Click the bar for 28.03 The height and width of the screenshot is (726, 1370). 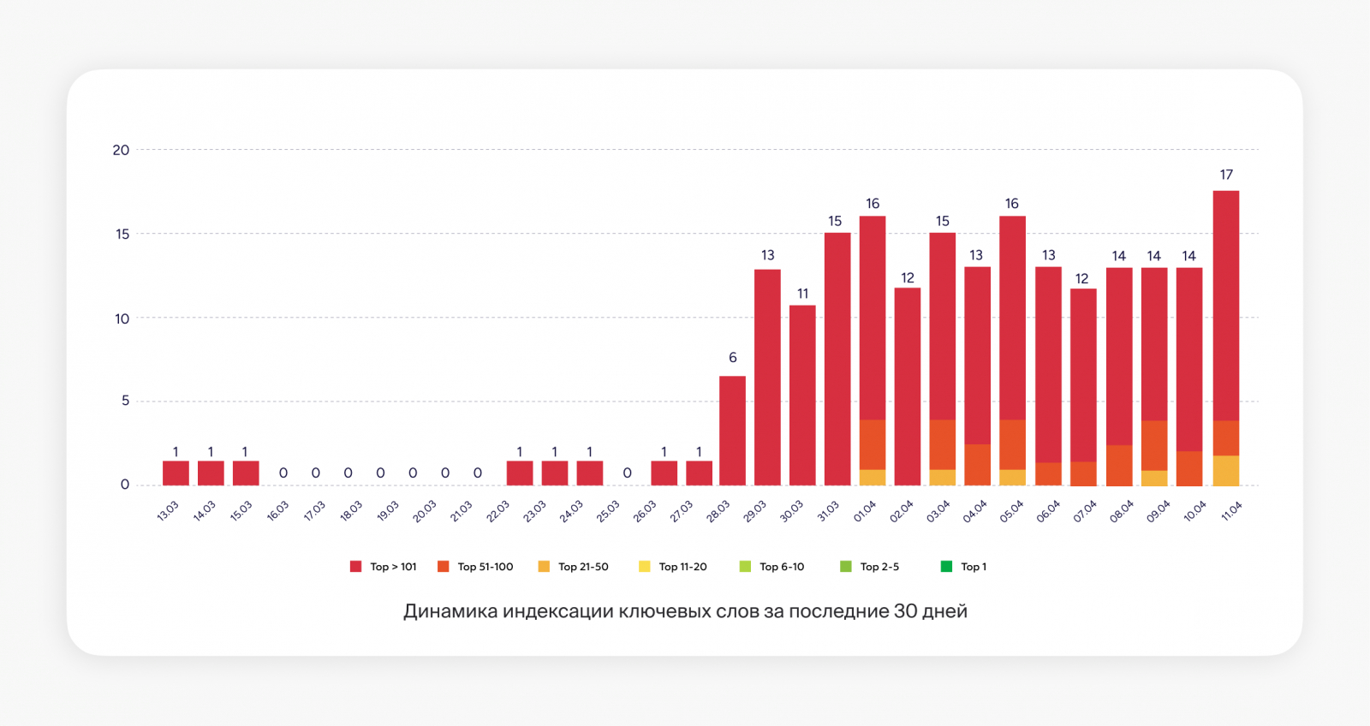(x=732, y=431)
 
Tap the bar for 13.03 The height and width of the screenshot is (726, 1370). (x=176, y=473)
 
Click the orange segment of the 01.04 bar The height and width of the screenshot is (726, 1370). (x=873, y=444)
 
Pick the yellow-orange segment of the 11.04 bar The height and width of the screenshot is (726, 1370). (x=1226, y=471)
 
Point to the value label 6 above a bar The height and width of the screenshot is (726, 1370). (x=733, y=358)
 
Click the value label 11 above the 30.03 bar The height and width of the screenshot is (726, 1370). (x=802, y=294)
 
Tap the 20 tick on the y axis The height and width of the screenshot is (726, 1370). (x=121, y=150)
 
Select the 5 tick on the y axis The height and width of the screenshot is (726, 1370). (x=125, y=401)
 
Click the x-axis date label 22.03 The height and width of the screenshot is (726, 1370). (x=497, y=511)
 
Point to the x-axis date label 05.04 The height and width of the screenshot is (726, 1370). (x=1011, y=511)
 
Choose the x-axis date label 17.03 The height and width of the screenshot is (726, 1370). (x=314, y=511)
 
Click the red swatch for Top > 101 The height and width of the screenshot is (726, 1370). (x=356, y=566)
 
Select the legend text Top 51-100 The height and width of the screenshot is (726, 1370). (x=485, y=567)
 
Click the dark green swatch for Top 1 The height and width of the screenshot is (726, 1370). (x=946, y=566)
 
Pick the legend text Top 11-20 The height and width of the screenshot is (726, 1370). (x=682, y=567)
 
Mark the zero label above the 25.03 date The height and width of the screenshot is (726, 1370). (x=628, y=473)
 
